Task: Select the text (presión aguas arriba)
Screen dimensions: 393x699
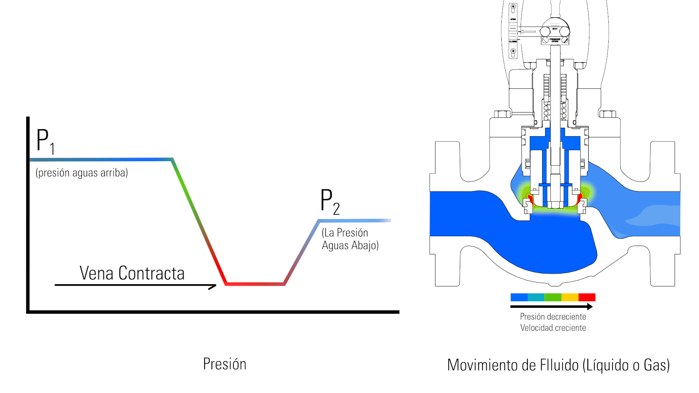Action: coord(82,172)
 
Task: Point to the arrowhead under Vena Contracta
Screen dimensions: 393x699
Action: coord(213,287)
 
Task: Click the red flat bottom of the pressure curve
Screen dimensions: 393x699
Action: coord(255,283)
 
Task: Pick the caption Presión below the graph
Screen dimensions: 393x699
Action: coord(225,364)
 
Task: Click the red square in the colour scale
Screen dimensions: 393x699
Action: coord(587,297)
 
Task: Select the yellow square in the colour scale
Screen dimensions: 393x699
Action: coord(570,297)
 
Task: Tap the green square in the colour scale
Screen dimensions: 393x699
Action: coord(553,297)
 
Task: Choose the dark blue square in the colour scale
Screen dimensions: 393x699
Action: coord(519,297)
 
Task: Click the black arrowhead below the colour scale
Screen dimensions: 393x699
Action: coord(590,307)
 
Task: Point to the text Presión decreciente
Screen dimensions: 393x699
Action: coord(553,317)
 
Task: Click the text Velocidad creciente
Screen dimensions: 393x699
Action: coord(553,328)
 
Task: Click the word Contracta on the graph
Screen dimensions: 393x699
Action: coord(151,273)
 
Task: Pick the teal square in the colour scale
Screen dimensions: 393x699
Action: coord(536,297)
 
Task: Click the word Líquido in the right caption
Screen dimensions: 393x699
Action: coord(605,365)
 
